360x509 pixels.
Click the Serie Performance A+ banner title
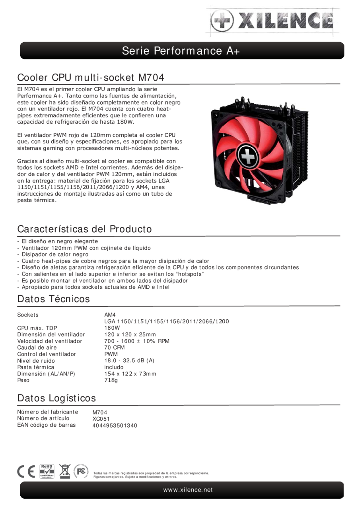181,51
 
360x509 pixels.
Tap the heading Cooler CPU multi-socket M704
91,77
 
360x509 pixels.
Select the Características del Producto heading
84,229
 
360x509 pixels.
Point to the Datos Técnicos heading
53,299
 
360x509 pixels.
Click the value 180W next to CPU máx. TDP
112,328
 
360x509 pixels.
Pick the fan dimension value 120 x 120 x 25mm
130,334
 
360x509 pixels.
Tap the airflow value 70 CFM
114,348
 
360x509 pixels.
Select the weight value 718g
111,380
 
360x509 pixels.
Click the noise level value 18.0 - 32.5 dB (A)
129,361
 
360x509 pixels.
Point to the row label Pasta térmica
35,367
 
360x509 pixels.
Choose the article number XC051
101,419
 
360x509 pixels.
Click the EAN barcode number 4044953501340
115,425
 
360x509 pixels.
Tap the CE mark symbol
26,472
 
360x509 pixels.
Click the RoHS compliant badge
47,472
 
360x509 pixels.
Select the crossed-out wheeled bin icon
64,471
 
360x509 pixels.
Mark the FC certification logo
81,471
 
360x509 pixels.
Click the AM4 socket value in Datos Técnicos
110,315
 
